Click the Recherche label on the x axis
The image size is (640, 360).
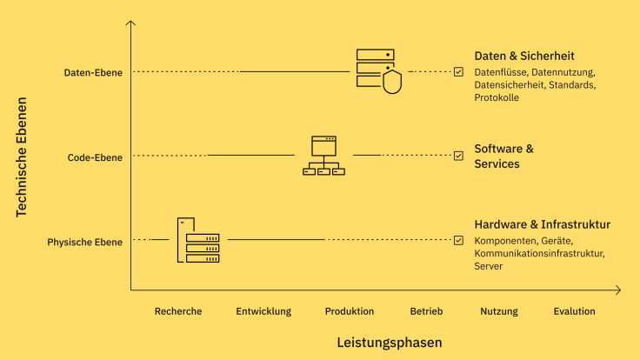pos(178,311)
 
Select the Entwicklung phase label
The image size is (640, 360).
pos(263,311)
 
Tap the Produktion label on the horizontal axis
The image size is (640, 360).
pos(350,311)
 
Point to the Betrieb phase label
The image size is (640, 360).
pos(426,311)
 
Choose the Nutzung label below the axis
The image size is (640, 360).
pos(499,311)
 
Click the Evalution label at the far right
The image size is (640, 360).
pos(574,311)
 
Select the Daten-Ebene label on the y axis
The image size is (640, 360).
pos(93,72)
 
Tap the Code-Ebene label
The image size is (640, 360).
pos(95,157)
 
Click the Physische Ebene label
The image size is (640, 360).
pos(84,242)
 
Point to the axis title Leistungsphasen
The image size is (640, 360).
pos(390,343)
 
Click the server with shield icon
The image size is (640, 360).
pos(378,70)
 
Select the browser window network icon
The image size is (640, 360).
pos(323,156)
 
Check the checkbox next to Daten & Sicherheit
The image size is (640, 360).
pos(458,72)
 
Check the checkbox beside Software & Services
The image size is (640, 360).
pos(458,156)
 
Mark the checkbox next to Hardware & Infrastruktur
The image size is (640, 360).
pos(458,240)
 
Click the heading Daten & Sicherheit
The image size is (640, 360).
pos(524,56)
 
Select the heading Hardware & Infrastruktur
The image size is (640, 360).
pos(542,224)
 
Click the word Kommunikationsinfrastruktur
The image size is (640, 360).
pos(538,253)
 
